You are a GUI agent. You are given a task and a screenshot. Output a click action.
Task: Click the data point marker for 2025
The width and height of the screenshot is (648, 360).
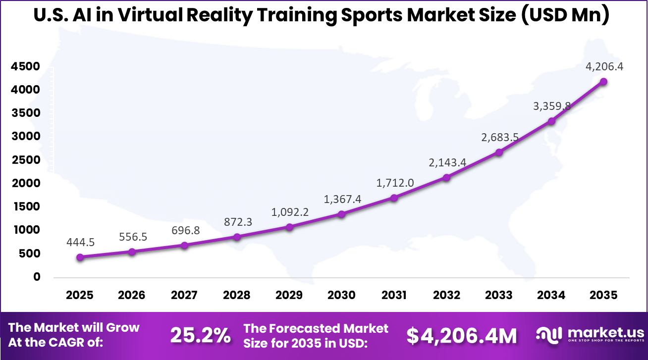point(80,257)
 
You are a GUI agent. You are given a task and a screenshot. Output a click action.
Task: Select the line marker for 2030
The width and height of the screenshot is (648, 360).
point(341,214)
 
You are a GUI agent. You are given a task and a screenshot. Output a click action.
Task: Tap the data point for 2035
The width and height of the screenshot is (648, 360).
point(603,82)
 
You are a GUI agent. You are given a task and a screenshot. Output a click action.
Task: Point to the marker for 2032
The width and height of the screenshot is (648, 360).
point(446,177)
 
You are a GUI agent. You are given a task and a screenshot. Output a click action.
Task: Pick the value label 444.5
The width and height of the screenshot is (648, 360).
point(80,242)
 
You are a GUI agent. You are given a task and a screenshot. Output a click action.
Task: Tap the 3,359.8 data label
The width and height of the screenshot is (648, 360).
point(551,106)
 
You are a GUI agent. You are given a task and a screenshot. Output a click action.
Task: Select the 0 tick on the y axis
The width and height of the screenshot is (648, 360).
point(37,277)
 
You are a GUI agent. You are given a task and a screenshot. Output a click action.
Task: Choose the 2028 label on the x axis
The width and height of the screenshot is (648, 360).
point(237,295)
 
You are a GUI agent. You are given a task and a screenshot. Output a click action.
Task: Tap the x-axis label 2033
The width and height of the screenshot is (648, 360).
point(499,295)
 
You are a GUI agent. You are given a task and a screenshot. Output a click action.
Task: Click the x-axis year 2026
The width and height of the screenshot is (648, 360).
point(132,295)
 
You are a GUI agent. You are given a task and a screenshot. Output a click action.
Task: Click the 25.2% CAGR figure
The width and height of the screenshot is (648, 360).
point(200,335)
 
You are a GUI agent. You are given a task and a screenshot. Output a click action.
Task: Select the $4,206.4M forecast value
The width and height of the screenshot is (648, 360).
point(462,335)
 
